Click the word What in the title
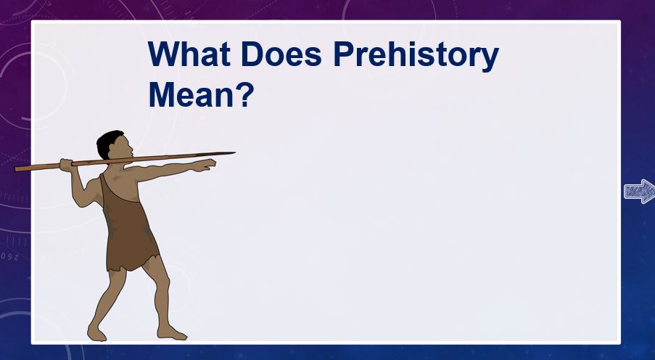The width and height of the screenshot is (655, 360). (189, 54)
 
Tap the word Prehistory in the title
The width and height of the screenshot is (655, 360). (416, 57)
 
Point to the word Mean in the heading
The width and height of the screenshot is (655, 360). (191, 95)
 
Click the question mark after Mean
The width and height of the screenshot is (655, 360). (244, 94)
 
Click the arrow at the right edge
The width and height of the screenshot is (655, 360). (640, 192)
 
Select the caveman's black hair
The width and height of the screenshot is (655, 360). (108, 142)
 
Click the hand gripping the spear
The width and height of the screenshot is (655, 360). (66, 165)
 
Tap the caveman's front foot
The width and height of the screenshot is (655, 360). (171, 333)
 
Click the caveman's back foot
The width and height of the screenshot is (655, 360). (96, 333)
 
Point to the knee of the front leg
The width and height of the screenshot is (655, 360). (163, 285)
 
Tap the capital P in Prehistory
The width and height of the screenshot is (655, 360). (343, 54)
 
